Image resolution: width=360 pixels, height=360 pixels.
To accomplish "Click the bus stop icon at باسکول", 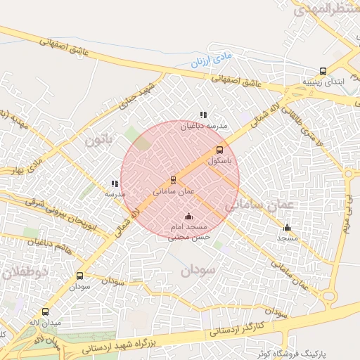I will click(219, 150).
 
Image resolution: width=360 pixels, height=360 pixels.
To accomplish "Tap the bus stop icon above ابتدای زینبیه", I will click(323, 71).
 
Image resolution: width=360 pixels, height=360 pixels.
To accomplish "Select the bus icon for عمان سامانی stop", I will click(174, 180).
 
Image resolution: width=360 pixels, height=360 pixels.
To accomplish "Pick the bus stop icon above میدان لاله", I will click(46, 311).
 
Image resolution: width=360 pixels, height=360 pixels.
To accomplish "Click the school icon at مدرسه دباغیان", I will click(203, 115).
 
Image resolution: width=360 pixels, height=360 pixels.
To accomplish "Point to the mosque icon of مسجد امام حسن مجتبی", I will click(188, 217).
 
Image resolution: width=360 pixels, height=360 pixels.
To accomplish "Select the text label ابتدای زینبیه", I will click(328, 82).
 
